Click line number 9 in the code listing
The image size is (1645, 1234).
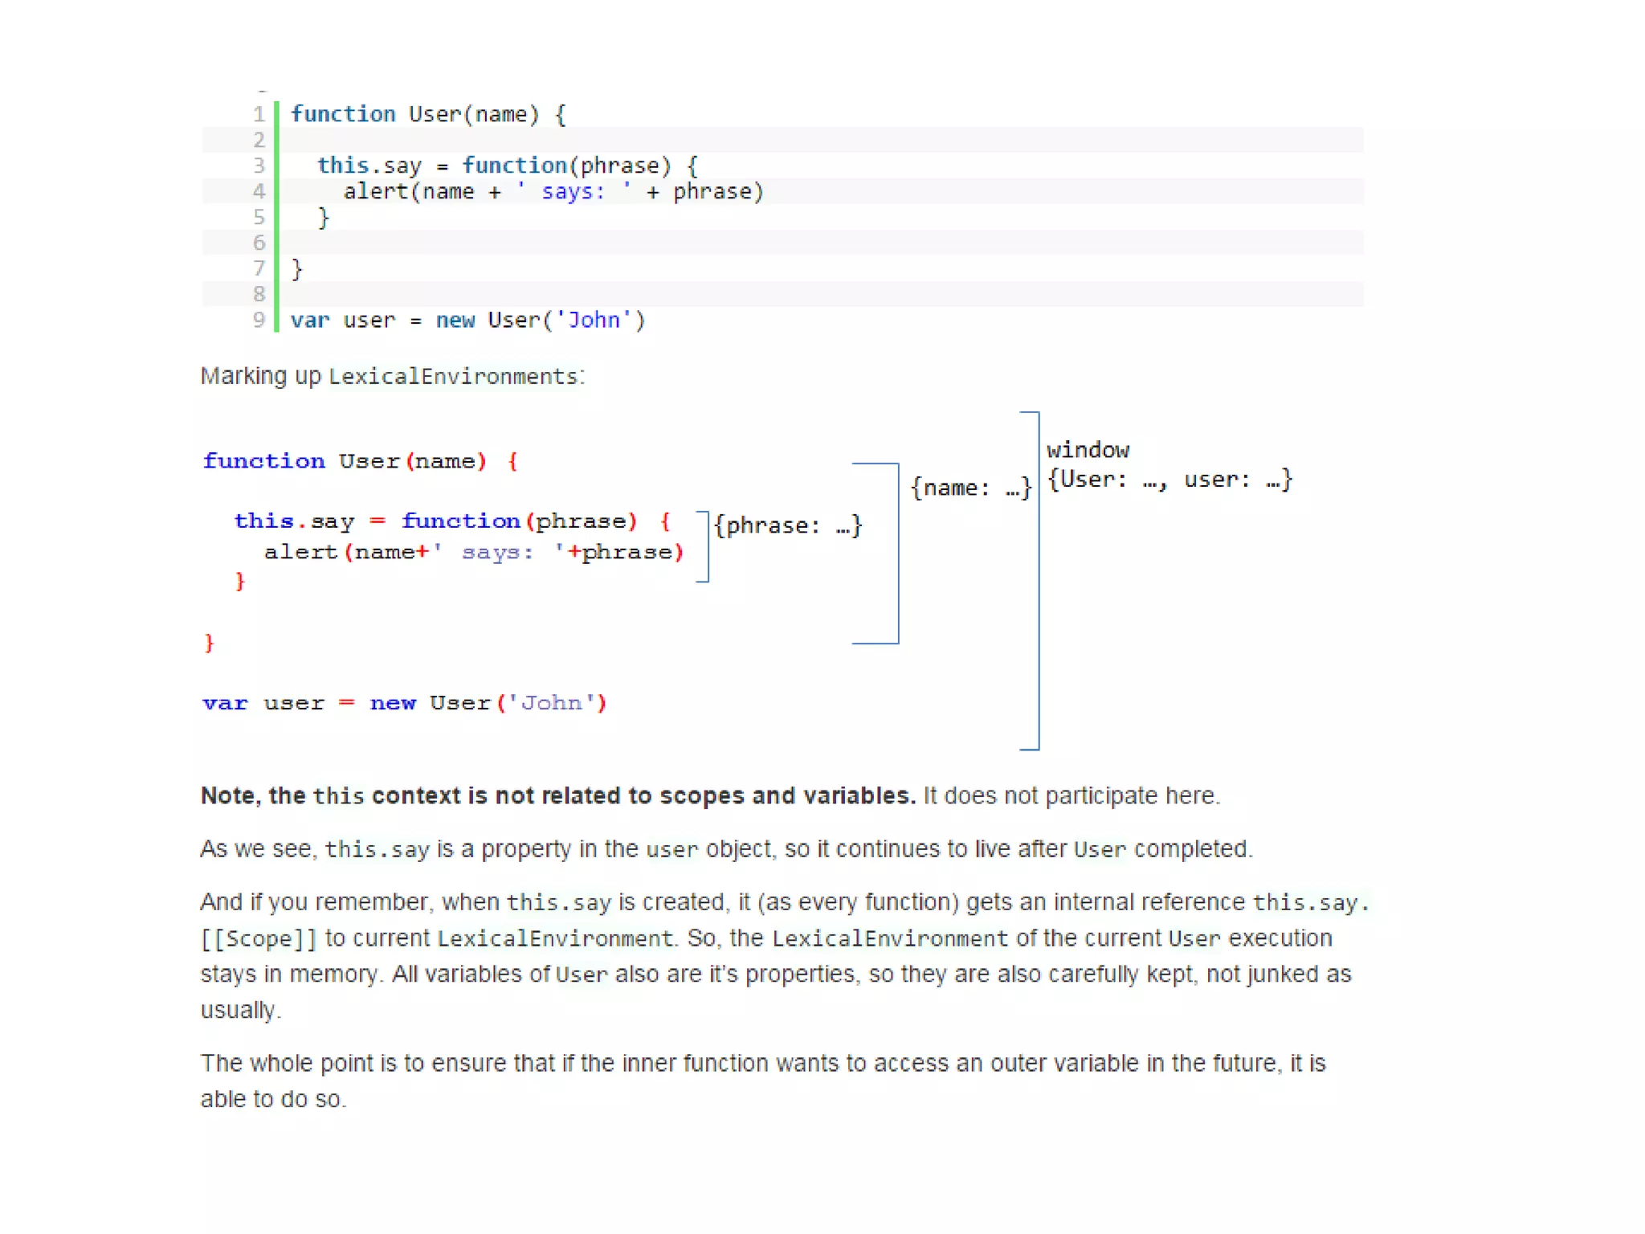coord(259,320)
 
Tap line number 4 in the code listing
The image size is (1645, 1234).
coord(259,191)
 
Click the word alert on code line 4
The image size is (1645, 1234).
coord(376,191)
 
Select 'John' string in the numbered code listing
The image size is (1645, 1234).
coord(594,320)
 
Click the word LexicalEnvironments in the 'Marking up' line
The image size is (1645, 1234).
coord(453,376)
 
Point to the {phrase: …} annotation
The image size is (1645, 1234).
coord(788,525)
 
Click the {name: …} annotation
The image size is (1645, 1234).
coord(970,488)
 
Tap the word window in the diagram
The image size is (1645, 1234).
coord(1088,450)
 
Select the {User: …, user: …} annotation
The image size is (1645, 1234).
coord(1169,480)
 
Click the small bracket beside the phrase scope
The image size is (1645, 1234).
coord(705,546)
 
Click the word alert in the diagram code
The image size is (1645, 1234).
coord(300,552)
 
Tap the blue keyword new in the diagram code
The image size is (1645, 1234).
coord(393,703)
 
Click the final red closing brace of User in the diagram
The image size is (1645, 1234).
coord(210,643)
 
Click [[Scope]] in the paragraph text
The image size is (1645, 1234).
coord(259,938)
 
